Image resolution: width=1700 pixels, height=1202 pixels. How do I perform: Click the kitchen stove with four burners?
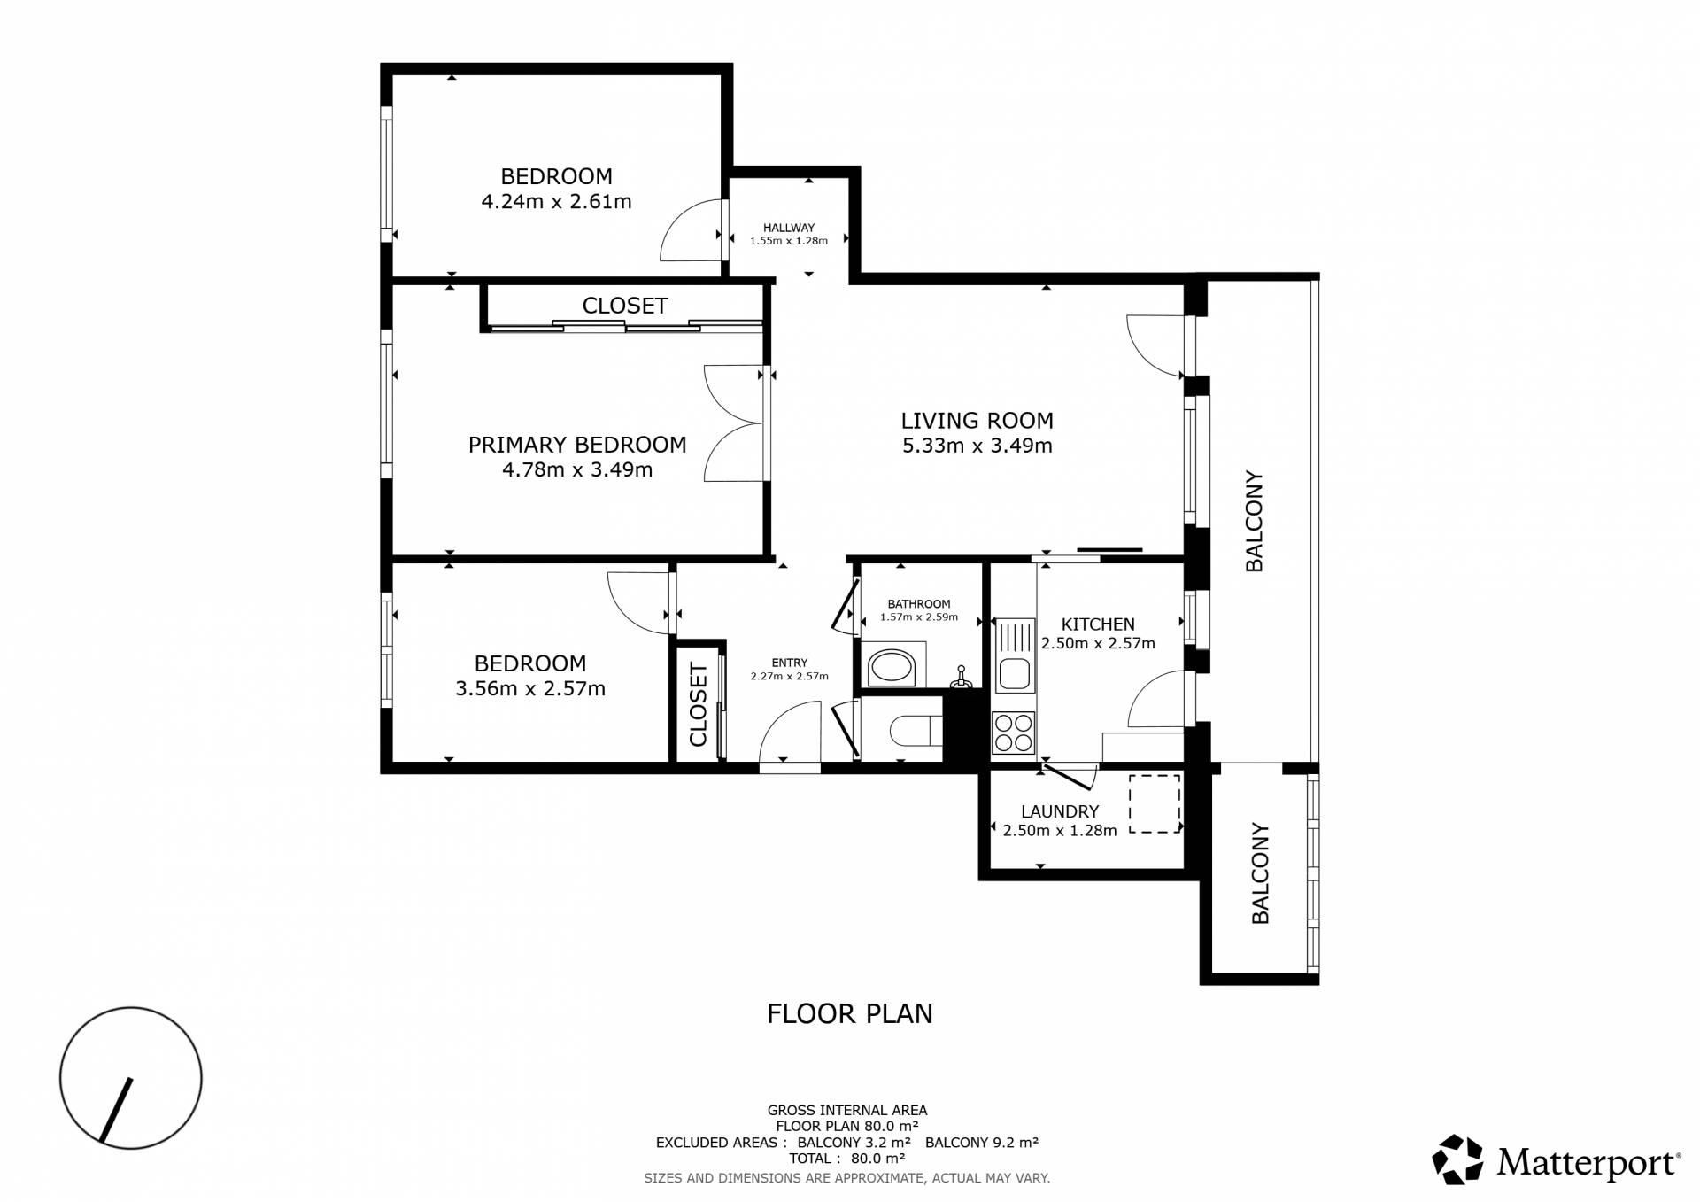point(1013,733)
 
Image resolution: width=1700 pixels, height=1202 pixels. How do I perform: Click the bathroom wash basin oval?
point(891,668)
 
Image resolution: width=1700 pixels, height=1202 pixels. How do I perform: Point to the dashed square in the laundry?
point(1155,803)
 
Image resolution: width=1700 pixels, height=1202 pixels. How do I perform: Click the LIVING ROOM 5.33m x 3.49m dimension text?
point(977,446)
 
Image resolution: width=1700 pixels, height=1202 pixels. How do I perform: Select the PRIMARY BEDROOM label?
point(577,445)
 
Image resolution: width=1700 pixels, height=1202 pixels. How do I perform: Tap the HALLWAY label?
point(788,228)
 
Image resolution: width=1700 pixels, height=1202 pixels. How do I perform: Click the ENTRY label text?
point(789,663)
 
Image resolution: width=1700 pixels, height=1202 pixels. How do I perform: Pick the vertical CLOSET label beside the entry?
point(698,704)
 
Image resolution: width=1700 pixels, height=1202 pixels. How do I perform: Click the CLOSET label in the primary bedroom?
point(624,306)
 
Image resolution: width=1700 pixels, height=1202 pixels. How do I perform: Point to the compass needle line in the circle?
point(116,1109)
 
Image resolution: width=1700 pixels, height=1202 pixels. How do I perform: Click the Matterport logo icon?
point(1457,1159)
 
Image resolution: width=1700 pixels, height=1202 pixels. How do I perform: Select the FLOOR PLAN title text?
point(849,1013)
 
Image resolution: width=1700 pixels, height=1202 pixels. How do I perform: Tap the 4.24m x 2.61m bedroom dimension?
point(556,202)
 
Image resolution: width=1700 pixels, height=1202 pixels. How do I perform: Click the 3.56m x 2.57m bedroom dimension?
point(530,689)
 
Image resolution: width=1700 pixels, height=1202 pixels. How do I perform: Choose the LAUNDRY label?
point(1059,811)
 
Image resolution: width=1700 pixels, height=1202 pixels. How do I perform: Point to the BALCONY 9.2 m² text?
point(981,1143)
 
